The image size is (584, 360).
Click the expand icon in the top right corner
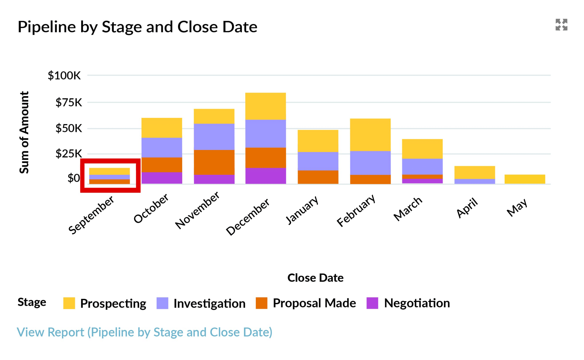[561, 25]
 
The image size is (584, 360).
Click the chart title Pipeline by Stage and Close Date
[137, 27]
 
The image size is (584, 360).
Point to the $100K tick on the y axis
[64, 75]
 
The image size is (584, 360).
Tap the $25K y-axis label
[68, 154]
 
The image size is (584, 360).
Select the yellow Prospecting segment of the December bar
[266, 106]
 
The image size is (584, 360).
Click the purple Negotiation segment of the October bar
[162, 178]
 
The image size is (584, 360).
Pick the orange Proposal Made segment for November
[214, 162]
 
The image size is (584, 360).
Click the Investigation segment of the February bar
[370, 163]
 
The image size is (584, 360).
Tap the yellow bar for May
[525, 179]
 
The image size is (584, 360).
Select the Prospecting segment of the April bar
[474, 172]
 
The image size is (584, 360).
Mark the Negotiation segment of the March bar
[422, 181]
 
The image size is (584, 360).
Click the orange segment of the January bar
[318, 177]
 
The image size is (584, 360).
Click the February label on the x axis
[356, 210]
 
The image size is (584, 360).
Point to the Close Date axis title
[315, 278]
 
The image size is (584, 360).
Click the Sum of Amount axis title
[24, 132]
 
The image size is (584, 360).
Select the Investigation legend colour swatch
[162, 303]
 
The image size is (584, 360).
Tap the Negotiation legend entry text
[417, 303]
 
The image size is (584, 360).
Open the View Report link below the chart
[144, 332]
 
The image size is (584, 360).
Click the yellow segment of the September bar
[109, 171]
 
